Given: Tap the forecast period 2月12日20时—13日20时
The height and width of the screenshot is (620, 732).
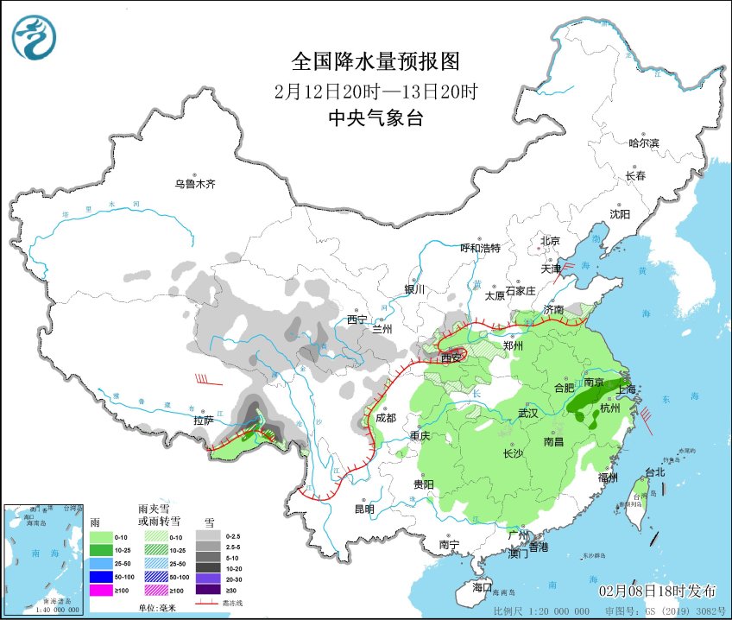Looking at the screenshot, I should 375,92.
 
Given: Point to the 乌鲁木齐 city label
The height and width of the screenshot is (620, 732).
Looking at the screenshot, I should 194,184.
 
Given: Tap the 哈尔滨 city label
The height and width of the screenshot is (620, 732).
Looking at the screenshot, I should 643,142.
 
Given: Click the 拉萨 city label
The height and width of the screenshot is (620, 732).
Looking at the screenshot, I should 204,421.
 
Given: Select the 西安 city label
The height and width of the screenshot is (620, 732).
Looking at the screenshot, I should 452,357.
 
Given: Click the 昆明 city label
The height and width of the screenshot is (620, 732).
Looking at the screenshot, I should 363,509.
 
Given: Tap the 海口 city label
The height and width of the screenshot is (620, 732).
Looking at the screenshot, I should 482,587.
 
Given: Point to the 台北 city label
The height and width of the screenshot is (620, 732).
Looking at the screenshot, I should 656,472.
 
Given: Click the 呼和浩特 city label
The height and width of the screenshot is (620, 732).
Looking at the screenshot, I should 480,248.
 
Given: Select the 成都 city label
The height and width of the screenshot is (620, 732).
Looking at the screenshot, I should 386,417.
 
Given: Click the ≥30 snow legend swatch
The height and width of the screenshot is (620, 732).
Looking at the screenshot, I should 206,590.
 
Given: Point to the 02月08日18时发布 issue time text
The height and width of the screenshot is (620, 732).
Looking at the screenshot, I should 658,591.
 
